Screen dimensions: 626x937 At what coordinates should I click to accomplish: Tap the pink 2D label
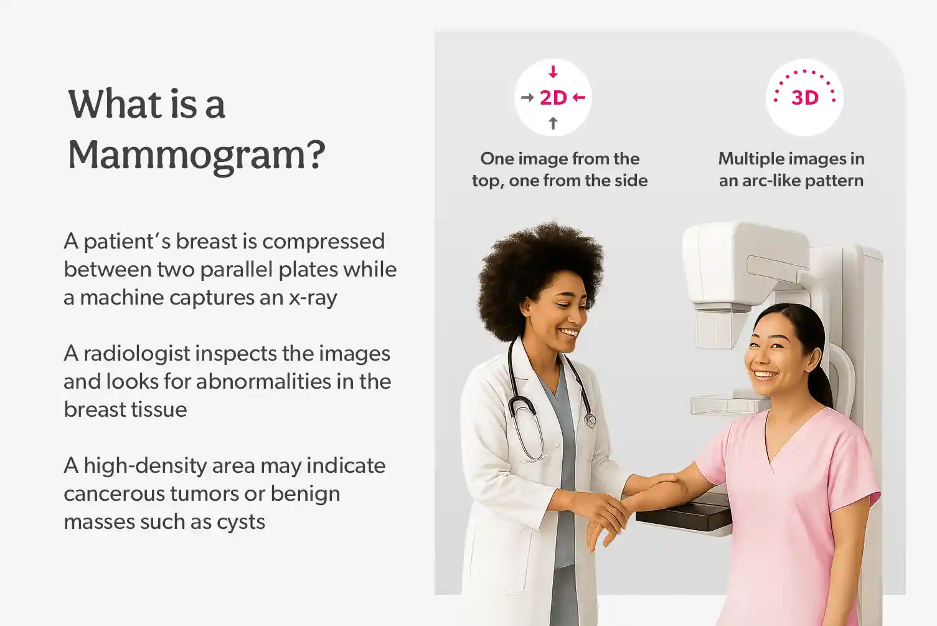(x=553, y=98)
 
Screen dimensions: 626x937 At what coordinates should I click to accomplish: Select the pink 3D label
(x=804, y=98)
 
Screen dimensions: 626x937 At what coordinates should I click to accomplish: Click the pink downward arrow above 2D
(x=553, y=72)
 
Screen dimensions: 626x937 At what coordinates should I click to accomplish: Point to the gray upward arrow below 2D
(x=553, y=123)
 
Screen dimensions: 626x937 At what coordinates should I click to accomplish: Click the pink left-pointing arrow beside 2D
(x=579, y=97)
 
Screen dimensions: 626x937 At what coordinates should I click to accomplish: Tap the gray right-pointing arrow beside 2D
(x=527, y=97)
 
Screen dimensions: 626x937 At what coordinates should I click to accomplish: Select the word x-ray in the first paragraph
(x=313, y=298)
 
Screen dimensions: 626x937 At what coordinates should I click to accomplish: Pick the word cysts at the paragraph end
(x=240, y=522)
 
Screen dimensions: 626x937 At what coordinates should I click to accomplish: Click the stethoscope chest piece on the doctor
(x=590, y=421)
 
